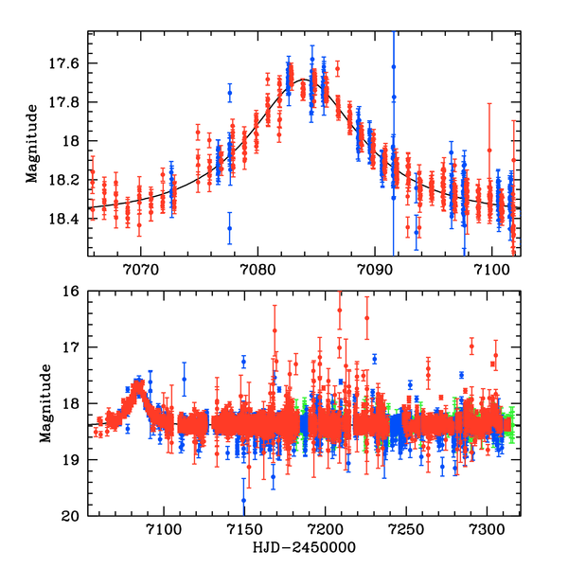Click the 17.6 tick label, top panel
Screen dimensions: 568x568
coord(67,63)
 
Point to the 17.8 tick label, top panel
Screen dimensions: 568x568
coord(67,102)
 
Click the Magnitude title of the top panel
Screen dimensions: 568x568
coord(32,143)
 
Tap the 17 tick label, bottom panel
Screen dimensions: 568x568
coord(74,347)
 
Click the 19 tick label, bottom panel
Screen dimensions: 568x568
coord(74,460)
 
